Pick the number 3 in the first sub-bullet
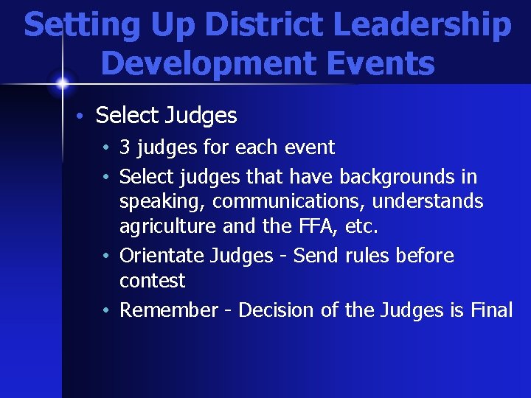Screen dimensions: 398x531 (125, 147)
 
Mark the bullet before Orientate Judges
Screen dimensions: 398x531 (108, 256)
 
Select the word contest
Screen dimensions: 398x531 (152, 281)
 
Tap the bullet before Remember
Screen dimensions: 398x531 (108, 311)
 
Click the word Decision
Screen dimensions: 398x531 (277, 310)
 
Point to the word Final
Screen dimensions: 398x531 (491, 310)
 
